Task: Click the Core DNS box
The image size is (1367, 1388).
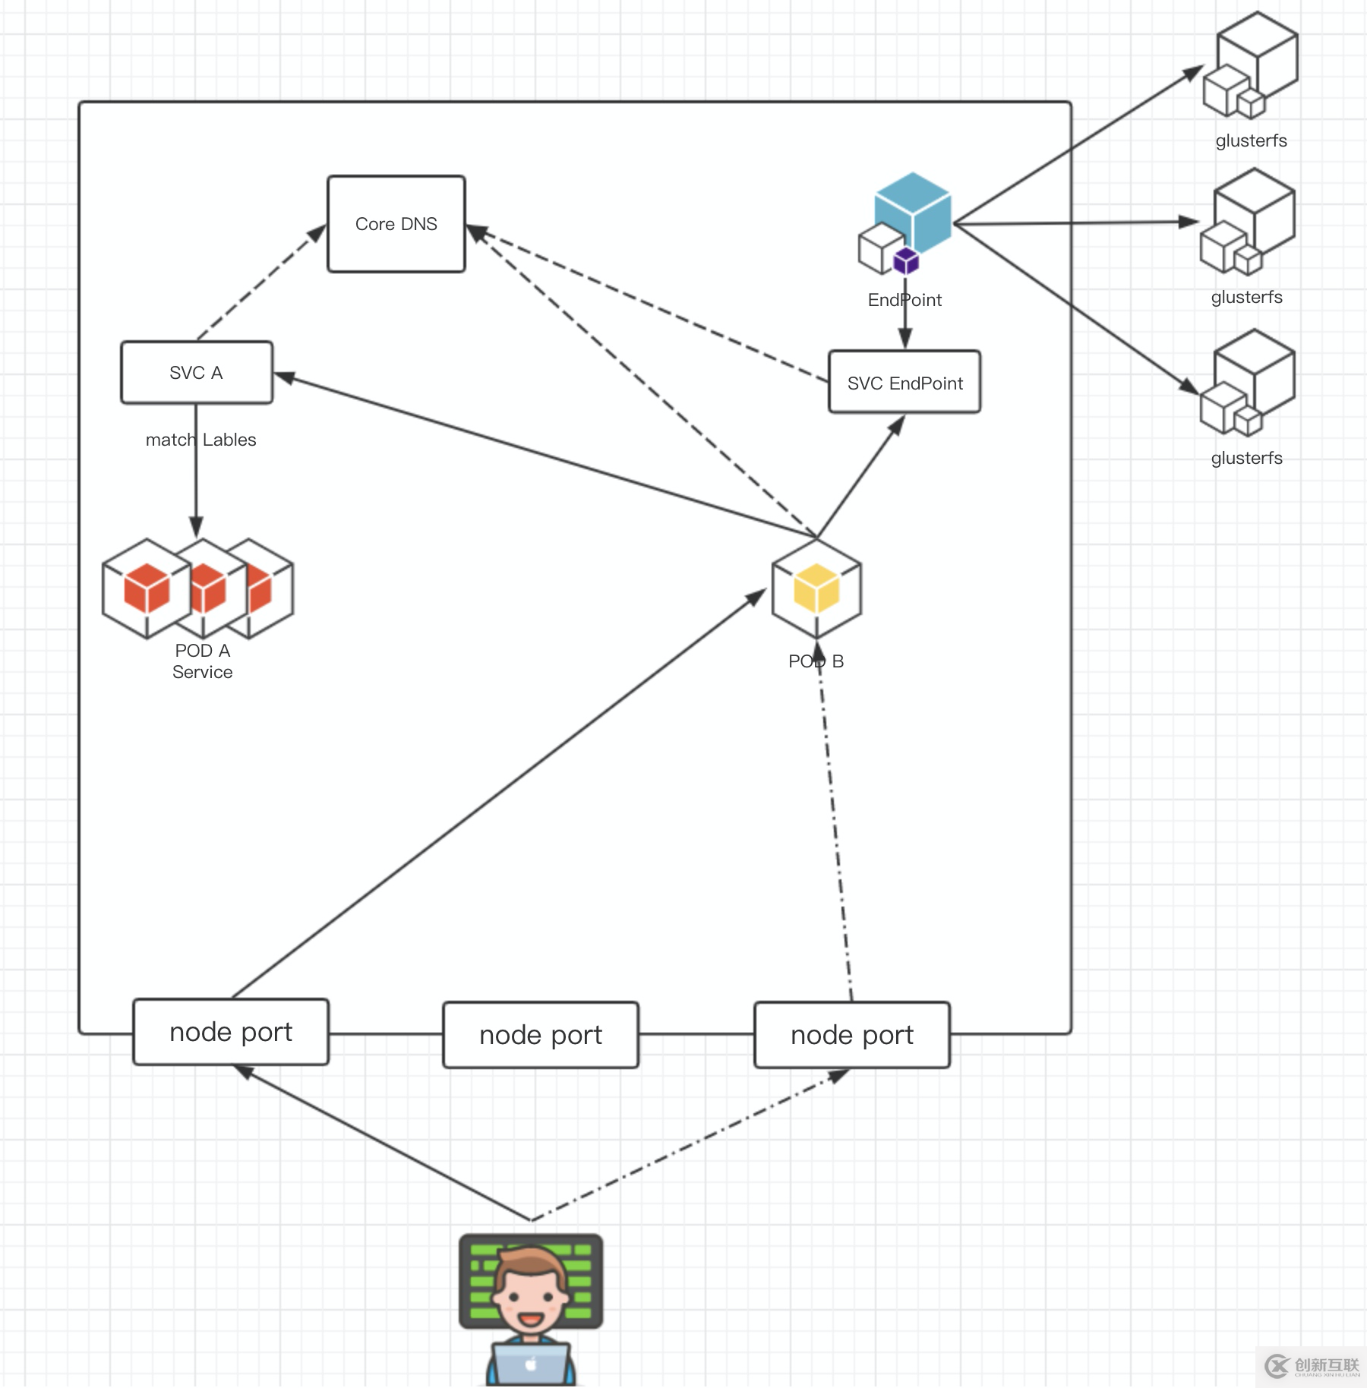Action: tap(396, 224)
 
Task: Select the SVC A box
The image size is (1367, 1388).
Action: tap(196, 373)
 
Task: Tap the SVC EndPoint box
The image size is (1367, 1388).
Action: tap(904, 383)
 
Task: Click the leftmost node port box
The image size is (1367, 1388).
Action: tap(231, 1032)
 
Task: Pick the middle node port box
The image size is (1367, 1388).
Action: tap(540, 1035)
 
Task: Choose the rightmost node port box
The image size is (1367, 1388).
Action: tap(851, 1035)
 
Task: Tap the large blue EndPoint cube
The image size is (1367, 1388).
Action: tap(914, 208)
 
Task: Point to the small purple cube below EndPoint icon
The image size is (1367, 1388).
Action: tap(906, 261)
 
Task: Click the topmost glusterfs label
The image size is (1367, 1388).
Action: tap(1251, 141)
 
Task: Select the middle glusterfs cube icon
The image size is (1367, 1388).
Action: tap(1248, 221)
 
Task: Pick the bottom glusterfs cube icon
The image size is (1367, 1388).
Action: tap(1248, 383)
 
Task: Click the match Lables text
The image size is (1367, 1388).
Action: tap(200, 440)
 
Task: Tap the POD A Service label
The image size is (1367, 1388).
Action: tap(202, 661)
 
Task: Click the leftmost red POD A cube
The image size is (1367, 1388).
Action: tap(147, 588)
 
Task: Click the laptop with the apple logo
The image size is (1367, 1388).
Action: tap(530, 1364)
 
